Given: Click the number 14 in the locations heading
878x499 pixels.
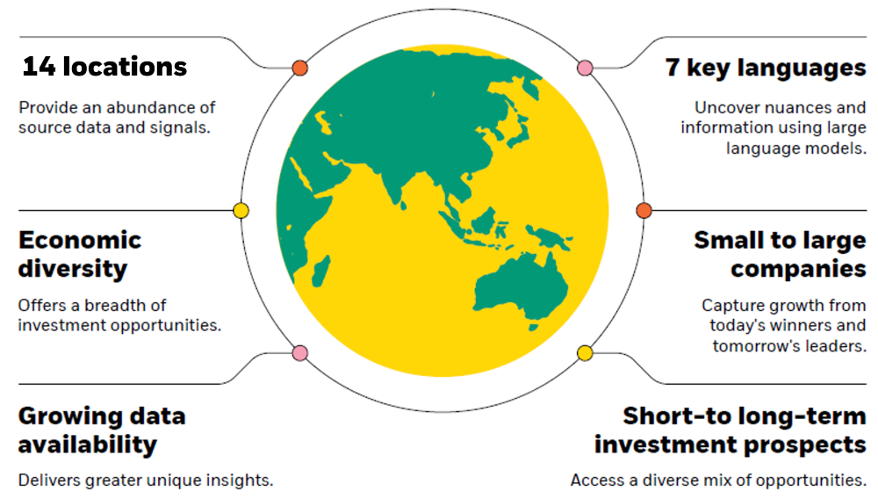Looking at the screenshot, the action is tap(40, 67).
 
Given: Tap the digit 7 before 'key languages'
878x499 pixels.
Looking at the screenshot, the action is tap(673, 68).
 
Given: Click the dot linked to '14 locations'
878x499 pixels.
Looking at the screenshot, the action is tap(300, 69).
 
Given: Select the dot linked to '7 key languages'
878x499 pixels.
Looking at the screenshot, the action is tap(585, 69).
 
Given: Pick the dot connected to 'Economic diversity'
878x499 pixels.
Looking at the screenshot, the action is tap(241, 211).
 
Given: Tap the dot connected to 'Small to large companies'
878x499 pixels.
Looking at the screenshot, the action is tap(644, 211).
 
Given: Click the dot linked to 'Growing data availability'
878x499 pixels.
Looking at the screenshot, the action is tap(300, 353).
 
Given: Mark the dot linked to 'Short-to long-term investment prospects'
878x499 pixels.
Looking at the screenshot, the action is tap(585, 353).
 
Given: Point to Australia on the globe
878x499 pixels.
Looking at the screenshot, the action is tap(520, 288).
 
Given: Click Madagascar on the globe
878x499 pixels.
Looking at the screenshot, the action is tap(320, 271).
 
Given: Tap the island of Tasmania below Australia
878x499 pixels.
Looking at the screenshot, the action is tap(534, 328).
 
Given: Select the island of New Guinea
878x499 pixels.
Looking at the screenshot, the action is tap(549, 237).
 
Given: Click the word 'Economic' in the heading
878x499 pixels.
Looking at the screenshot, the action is tap(80, 241).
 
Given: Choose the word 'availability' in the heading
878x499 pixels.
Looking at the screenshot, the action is tap(87, 445).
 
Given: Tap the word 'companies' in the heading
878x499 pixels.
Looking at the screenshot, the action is tap(798, 270).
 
